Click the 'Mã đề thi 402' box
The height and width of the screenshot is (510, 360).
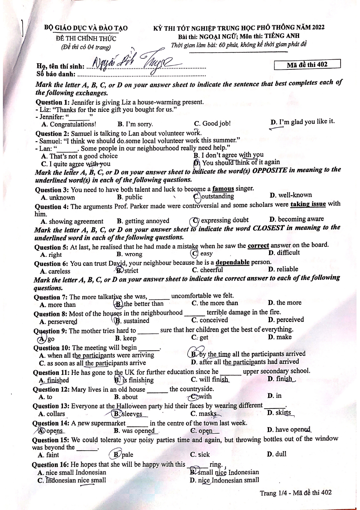point(307,65)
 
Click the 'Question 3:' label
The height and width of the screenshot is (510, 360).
point(52,190)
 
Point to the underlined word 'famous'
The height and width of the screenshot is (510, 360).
point(223,189)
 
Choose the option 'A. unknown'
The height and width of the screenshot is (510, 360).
point(58,198)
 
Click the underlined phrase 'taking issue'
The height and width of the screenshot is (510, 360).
point(308,204)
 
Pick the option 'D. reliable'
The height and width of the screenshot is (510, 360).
point(283,269)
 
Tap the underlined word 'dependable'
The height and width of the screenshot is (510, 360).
point(233,262)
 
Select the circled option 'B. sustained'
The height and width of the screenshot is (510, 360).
point(132,321)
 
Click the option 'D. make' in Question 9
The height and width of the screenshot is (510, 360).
point(280,337)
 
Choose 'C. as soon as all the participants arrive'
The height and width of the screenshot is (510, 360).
point(92,363)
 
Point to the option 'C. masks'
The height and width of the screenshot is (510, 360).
point(204,414)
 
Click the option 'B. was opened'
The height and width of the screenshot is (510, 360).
point(134,431)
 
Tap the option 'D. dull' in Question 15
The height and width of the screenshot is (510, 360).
point(276,454)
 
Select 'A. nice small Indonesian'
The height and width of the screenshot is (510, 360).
point(72,472)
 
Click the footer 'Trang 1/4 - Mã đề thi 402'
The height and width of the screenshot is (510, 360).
point(296,493)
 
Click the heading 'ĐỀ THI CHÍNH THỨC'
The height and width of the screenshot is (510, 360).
point(86,38)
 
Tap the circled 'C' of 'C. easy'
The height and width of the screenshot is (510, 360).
point(195,254)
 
